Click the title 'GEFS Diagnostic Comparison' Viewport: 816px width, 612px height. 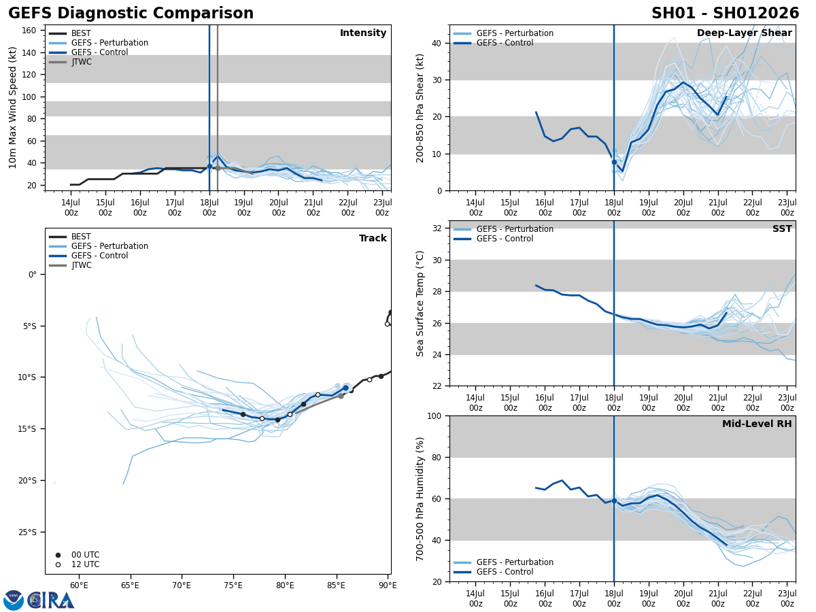coord(131,14)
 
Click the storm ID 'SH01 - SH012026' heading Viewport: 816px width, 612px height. coord(725,14)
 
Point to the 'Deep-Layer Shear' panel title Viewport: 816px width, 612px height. coord(744,33)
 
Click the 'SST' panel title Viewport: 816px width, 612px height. coord(782,229)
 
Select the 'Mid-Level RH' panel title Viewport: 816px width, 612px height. coord(757,424)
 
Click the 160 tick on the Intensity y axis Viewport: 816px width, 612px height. coord(29,31)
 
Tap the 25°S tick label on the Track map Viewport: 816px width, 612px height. coord(27,532)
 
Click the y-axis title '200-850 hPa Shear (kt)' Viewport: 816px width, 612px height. coord(420,107)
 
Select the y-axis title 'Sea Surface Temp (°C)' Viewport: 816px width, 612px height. coord(420,303)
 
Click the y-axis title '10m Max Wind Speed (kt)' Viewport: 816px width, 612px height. coord(13,107)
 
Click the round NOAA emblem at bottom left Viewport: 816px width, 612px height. coord(14,600)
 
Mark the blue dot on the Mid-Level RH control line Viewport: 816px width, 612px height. coord(614,500)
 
